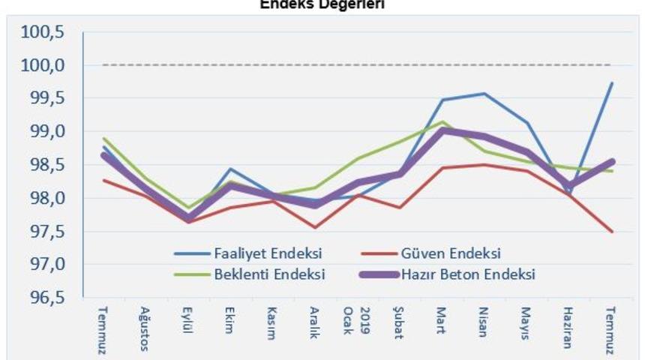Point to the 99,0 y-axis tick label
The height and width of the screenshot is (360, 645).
coord(46,132)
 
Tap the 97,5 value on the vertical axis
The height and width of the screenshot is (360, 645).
coord(46,232)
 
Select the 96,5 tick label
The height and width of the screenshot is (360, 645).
coord(46,298)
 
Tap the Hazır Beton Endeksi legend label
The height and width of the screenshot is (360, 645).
coord(471,274)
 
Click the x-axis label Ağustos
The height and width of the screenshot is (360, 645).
coord(145,328)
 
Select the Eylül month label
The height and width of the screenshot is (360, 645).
coord(187,324)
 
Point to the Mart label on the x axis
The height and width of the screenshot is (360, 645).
coord(442,322)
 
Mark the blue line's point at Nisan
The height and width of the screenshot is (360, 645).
coord(484,94)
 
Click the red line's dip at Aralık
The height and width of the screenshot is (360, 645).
coord(315,227)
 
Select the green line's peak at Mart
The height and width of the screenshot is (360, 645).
coord(442,121)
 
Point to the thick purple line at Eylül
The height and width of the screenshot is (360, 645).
coord(187,217)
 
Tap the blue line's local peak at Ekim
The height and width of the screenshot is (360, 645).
coord(230,169)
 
